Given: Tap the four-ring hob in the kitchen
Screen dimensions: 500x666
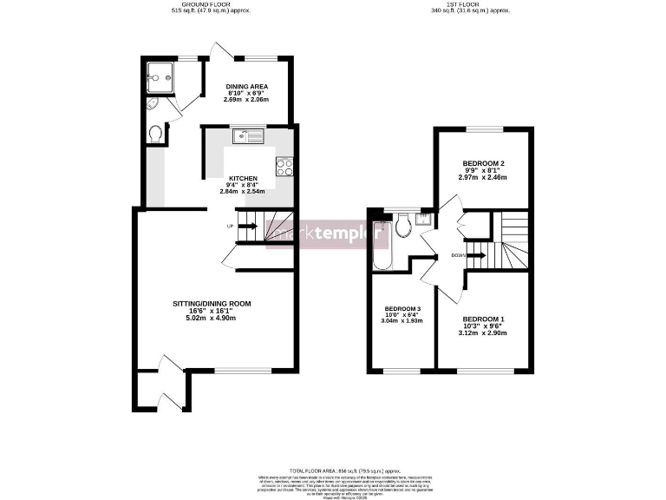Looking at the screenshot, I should [x=284, y=167].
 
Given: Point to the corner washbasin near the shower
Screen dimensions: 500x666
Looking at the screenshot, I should [x=153, y=105].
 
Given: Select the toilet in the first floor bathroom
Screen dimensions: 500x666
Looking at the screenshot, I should [x=402, y=227].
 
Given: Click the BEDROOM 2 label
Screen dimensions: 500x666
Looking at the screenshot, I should [x=483, y=163].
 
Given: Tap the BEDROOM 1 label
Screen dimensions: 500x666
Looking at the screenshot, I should [x=483, y=319].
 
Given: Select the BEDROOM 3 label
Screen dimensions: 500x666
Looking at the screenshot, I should [x=402, y=309].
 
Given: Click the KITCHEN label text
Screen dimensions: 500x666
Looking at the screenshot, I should [x=219, y=178].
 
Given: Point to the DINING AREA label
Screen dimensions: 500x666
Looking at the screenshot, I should [x=246, y=87].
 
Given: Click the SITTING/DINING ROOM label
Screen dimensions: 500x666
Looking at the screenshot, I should [x=212, y=304].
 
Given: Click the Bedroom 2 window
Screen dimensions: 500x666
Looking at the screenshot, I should [x=483, y=128].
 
